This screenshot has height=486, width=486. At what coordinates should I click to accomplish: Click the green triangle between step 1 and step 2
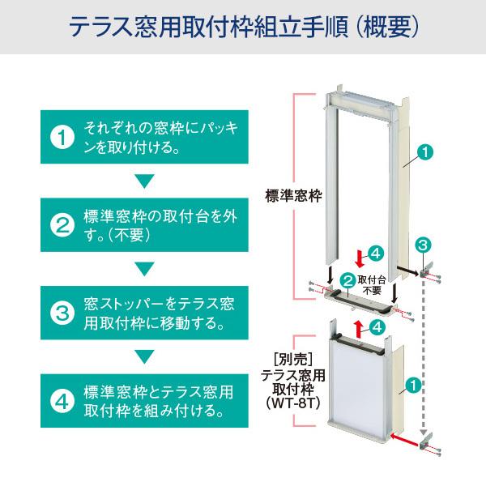point(143,180)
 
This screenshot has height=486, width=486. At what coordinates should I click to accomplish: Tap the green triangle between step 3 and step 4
point(143,356)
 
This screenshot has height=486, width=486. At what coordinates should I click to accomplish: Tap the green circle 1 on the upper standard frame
point(426,151)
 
